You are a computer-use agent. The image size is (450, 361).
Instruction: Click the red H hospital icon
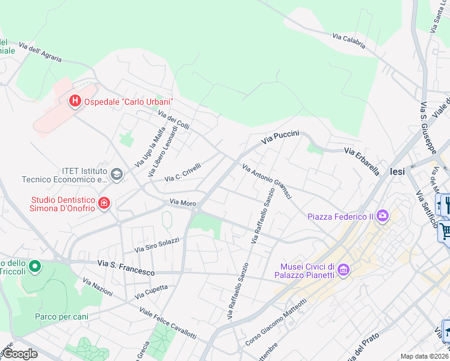tap(75, 101)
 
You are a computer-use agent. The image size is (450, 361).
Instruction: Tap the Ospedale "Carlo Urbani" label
tap(129, 102)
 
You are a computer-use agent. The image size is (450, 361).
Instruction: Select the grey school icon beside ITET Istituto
tap(116, 174)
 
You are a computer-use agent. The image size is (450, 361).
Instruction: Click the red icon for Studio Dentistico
tap(104, 204)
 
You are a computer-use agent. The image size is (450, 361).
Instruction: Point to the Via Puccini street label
tap(280, 138)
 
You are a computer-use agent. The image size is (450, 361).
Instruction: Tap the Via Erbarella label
tap(362, 161)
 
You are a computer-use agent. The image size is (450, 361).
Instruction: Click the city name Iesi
tap(398, 171)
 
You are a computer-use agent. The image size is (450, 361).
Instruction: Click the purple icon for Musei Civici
tap(344, 270)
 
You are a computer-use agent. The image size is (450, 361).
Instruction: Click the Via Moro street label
tap(183, 203)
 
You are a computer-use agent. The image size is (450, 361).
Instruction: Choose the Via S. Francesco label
tap(126, 268)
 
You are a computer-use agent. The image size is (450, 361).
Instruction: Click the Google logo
tap(20, 354)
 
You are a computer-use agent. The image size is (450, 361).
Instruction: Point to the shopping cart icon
tap(445, 230)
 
